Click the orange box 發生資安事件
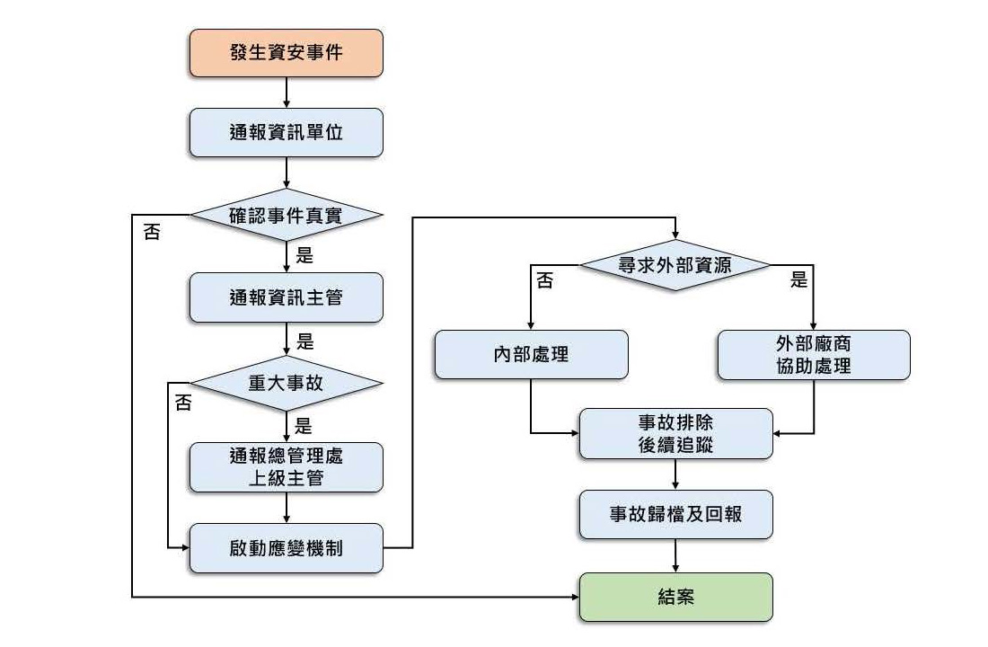click(286, 53)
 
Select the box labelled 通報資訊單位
click(286, 132)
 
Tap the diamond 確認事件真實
click(286, 215)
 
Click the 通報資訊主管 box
click(286, 297)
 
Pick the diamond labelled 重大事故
click(286, 382)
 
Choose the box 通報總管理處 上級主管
click(286, 466)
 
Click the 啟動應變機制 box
click(286, 547)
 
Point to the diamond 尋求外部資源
click(675, 265)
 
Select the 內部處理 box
click(531, 354)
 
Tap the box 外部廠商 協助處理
click(813, 354)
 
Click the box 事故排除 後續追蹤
click(675, 433)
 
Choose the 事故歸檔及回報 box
click(675, 514)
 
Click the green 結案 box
click(675, 597)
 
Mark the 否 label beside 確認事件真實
click(152, 232)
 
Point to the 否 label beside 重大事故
click(183, 403)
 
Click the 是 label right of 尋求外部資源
click(798, 280)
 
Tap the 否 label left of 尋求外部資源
click(544, 281)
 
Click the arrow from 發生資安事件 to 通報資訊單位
click(286, 93)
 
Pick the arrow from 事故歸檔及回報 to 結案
click(675, 556)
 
